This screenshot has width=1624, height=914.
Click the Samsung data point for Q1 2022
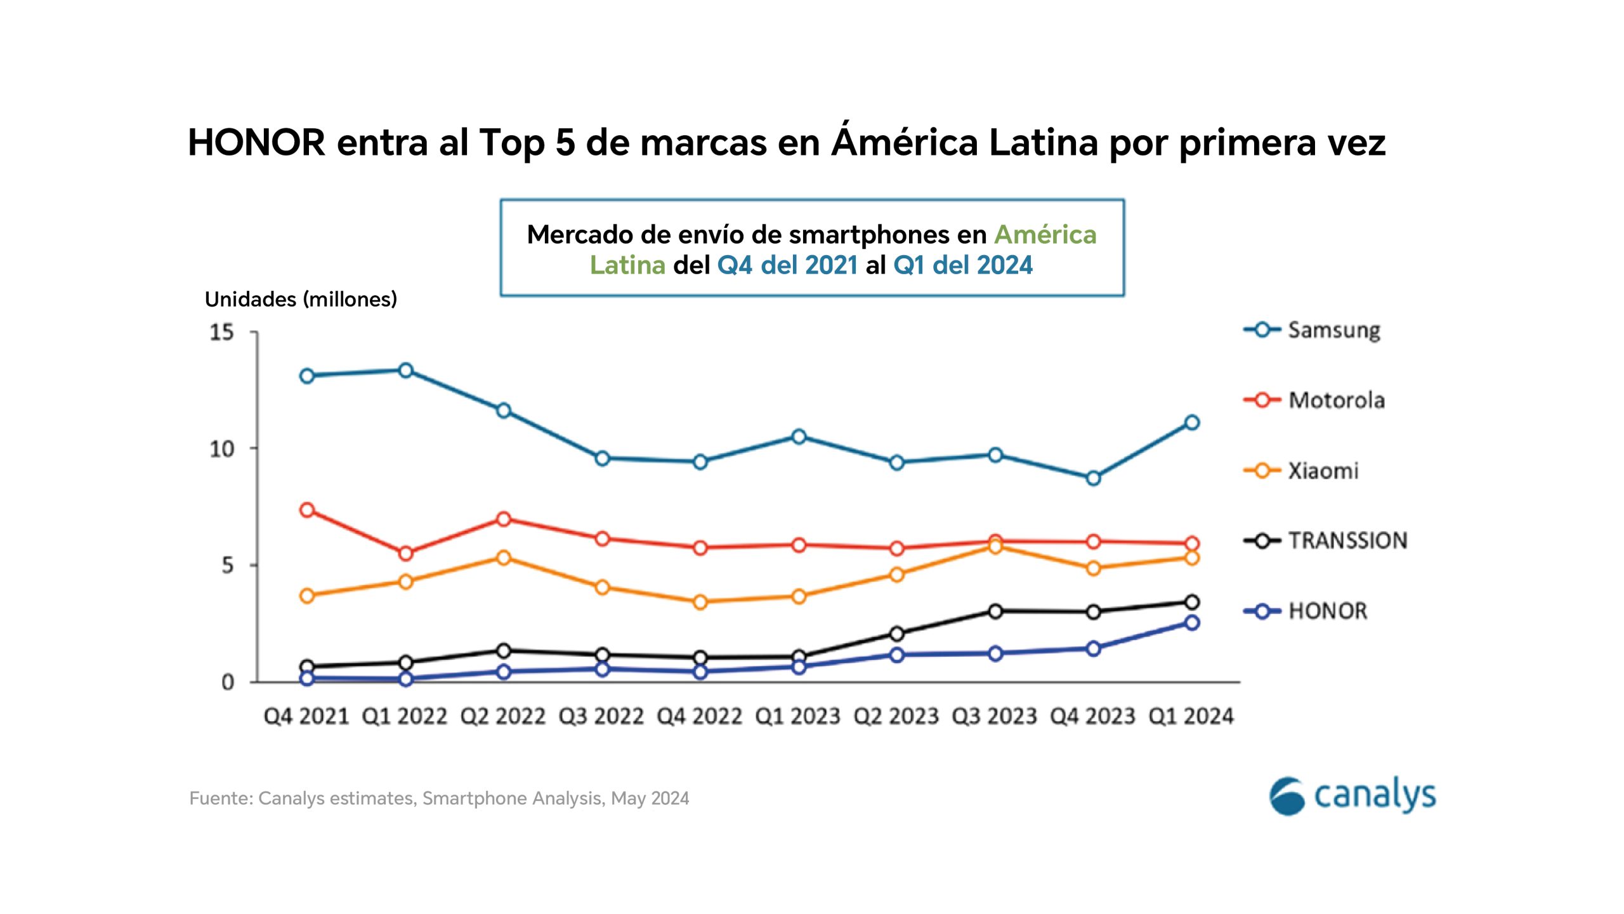click(406, 371)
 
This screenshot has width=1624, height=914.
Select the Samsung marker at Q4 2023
click(1093, 478)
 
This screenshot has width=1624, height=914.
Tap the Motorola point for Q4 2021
click(307, 510)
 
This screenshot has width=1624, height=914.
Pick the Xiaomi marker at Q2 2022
click(504, 558)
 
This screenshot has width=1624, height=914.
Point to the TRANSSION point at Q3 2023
click(995, 611)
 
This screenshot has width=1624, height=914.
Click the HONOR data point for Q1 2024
click(1192, 623)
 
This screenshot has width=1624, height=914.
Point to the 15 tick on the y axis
click(222, 332)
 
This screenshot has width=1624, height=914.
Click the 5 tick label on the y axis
click(228, 566)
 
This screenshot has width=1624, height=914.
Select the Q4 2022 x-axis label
click(700, 717)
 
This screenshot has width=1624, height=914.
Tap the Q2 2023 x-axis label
click(896, 717)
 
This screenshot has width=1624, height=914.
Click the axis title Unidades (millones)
click(301, 300)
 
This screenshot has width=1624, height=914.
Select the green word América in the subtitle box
click(1045, 235)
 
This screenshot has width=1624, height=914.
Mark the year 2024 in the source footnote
click(669, 798)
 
